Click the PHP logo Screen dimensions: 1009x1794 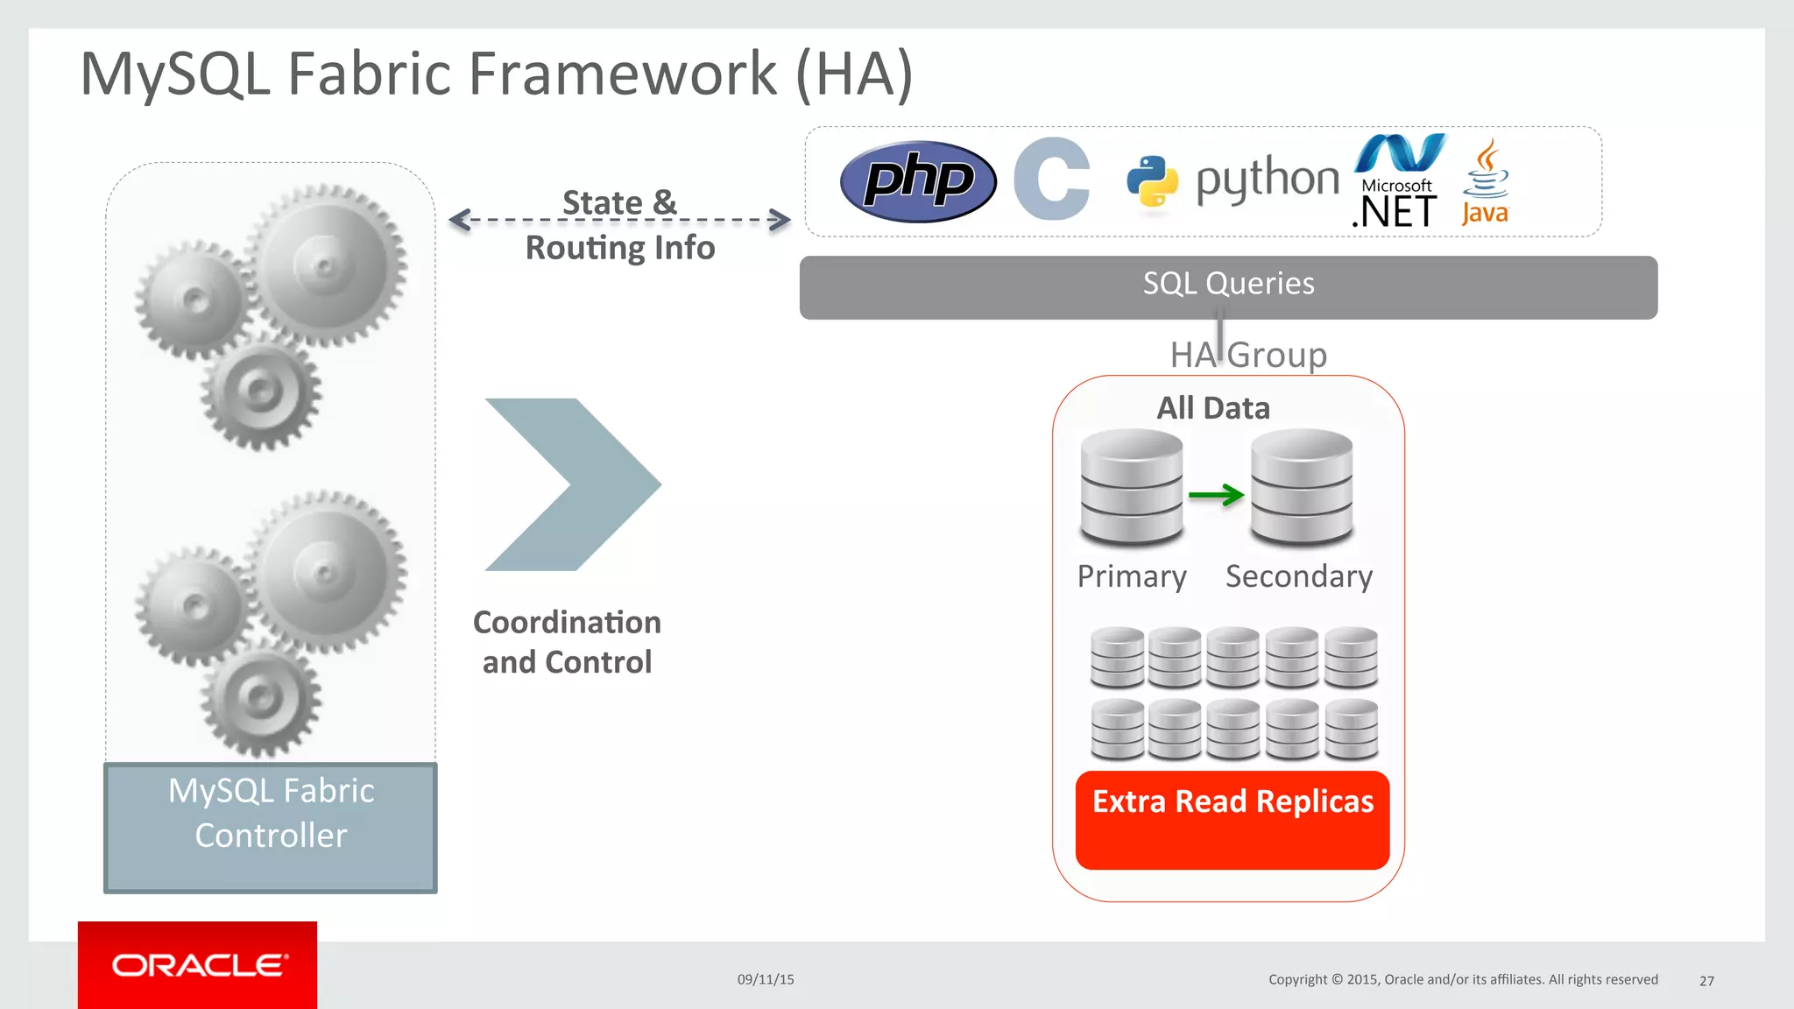[918, 181]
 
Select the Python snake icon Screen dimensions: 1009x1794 [1151, 181]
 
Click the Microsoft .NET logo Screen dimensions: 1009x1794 [1398, 181]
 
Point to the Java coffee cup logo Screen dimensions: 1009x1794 [1485, 181]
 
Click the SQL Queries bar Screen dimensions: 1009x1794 [1228, 287]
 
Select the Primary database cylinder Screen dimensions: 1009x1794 [1132, 487]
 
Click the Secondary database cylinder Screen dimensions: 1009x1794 [1302, 487]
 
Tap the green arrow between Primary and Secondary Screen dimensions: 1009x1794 [1217, 495]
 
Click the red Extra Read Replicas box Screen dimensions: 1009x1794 [1232, 820]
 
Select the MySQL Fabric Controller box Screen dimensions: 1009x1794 [271, 828]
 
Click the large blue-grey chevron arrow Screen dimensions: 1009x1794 [572, 484]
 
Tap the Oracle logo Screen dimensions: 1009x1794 [198, 965]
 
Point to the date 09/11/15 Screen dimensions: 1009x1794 [766, 979]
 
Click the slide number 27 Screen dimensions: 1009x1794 [1706, 981]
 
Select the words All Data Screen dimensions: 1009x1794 [1213, 408]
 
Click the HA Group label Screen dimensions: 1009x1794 [1249, 356]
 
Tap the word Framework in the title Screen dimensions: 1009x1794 [623, 74]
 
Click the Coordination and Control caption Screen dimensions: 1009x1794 [567, 642]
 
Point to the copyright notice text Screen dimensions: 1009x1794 [1463, 979]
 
